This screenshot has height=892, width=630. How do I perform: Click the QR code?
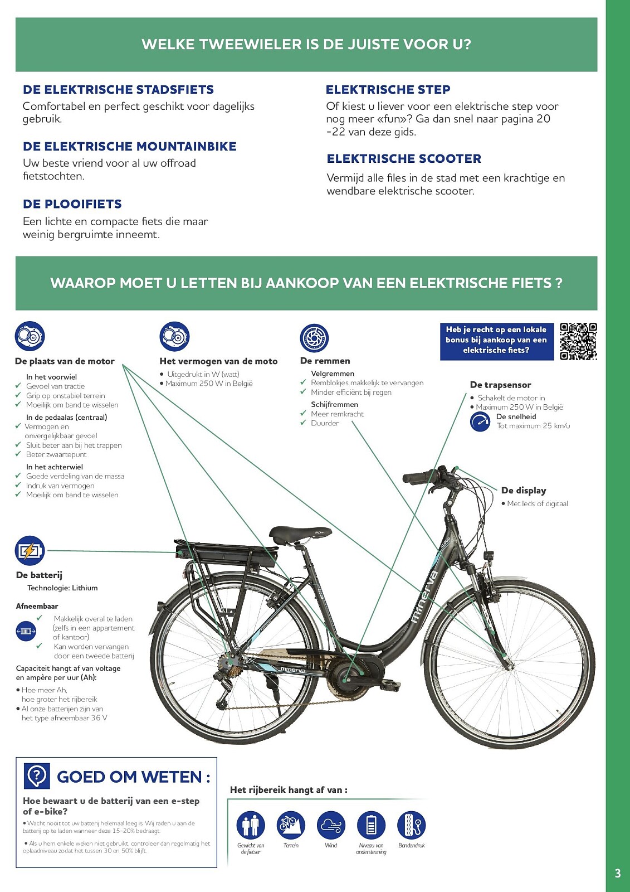[x=578, y=341]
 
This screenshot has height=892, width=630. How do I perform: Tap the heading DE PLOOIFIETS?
[x=72, y=204]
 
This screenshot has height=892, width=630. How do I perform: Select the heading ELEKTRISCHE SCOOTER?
[x=404, y=159]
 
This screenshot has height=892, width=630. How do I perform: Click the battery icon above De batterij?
[x=30, y=551]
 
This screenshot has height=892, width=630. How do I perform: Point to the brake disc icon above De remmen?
[x=314, y=338]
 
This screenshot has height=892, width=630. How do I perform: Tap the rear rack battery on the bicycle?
[x=226, y=555]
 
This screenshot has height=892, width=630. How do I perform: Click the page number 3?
[x=617, y=873]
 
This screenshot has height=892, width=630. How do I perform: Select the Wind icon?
[x=331, y=825]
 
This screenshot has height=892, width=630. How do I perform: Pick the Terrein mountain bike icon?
[x=291, y=825]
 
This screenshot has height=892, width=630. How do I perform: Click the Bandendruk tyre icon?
[x=411, y=825]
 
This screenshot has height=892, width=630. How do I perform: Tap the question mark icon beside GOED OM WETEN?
[x=37, y=775]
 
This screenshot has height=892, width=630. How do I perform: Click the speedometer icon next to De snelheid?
[x=480, y=421]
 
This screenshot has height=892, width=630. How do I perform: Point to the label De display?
[x=524, y=491]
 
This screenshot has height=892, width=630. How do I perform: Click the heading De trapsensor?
[x=500, y=385]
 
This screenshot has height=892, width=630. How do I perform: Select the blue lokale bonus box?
[x=496, y=340]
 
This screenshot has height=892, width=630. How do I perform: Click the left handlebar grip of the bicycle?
[x=418, y=477]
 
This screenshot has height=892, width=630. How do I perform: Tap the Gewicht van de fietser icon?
[x=251, y=825]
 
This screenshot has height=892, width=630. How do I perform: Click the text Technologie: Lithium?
[x=62, y=588]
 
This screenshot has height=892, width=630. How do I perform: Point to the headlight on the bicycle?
[x=490, y=557]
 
